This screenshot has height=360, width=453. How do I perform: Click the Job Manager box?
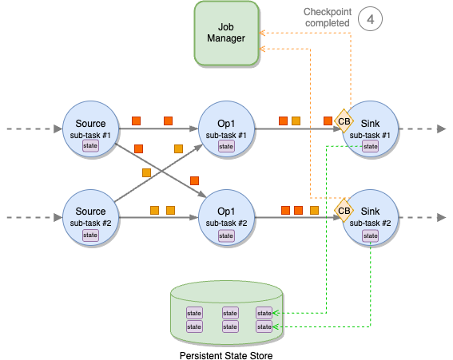coord(226,33)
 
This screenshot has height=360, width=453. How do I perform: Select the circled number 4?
coord(370,19)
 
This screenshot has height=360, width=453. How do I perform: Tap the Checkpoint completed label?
coord(328,18)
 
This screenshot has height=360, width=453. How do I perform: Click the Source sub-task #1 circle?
coord(91,129)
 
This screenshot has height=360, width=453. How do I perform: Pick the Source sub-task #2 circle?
coord(91,217)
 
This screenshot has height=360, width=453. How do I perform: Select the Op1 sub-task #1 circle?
coord(226,129)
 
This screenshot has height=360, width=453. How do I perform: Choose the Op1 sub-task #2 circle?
coord(226,217)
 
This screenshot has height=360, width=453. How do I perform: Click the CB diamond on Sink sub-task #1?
coord(344,121)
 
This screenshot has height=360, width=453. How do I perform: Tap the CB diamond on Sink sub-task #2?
coord(344,211)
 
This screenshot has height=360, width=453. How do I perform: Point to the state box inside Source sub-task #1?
coord(90,146)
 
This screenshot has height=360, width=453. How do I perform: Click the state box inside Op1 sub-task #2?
coord(226,235)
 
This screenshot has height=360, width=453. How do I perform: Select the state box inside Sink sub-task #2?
coord(371,235)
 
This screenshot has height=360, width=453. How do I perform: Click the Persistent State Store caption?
coord(226,355)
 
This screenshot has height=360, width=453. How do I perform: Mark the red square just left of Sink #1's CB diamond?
coord(328,121)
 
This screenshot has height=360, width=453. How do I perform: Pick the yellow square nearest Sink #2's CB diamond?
coord(314,210)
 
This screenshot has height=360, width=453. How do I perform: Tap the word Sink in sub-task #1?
coord(370,124)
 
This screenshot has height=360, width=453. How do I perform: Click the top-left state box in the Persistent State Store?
coord(194,313)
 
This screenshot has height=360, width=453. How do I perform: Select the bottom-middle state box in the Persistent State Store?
coord(230,326)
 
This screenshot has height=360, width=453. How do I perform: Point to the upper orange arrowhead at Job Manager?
coord(262,33)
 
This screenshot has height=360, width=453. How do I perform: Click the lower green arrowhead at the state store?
coord(276,326)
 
